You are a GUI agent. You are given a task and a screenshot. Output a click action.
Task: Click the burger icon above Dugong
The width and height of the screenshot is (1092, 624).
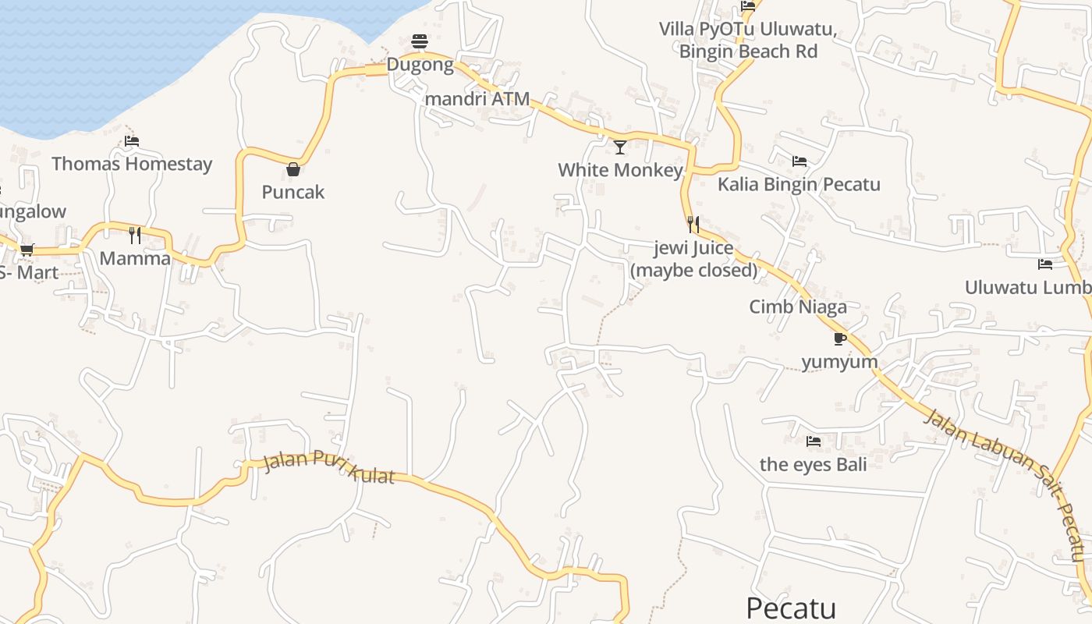pyautogui.click(x=420, y=41)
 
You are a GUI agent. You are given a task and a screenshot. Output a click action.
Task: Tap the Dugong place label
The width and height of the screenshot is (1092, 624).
pyautogui.click(x=420, y=65)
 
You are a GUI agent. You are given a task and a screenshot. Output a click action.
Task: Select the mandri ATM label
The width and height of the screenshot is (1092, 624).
pyautogui.click(x=477, y=99)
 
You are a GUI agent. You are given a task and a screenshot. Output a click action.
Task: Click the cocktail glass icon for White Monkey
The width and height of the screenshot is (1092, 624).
pyautogui.click(x=620, y=147)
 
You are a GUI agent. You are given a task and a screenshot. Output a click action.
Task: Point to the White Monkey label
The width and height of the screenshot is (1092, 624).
pyautogui.click(x=620, y=170)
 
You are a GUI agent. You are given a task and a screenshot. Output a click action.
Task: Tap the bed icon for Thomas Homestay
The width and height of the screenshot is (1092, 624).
pyautogui.click(x=132, y=141)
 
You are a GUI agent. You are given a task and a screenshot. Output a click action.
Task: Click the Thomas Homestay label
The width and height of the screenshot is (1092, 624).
pyautogui.click(x=132, y=164)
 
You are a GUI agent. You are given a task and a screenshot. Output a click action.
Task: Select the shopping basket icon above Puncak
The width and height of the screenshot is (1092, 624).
pyautogui.click(x=293, y=169)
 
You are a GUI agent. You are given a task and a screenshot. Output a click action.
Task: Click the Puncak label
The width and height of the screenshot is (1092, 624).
pyautogui.click(x=293, y=192)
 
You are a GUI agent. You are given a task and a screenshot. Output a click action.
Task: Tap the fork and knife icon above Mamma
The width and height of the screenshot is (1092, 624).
pyautogui.click(x=135, y=235)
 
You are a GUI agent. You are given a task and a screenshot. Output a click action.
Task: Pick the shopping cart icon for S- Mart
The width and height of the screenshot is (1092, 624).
pyautogui.click(x=27, y=250)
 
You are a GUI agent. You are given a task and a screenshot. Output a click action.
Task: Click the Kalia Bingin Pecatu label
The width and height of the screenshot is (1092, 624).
pyautogui.click(x=799, y=185)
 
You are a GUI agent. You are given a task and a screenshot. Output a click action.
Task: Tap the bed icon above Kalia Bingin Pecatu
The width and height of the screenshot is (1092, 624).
pyautogui.click(x=799, y=161)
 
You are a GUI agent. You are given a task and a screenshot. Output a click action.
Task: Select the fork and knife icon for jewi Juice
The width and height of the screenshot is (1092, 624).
pyautogui.click(x=693, y=225)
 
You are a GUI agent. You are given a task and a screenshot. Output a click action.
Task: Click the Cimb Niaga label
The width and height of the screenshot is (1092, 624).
pyautogui.click(x=798, y=307)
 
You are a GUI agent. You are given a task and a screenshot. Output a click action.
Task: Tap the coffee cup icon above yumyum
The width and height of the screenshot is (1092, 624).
pyautogui.click(x=839, y=339)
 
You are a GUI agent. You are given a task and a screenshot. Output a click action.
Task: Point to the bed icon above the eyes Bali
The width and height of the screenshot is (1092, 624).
pyautogui.click(x=814, y=441)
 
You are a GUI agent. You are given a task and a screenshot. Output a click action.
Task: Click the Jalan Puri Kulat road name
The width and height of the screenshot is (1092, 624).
pyautogui.click(x=329, y=466)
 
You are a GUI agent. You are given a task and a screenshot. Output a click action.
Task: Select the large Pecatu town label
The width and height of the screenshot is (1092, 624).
pyautogui.click(x=791, y=608)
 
